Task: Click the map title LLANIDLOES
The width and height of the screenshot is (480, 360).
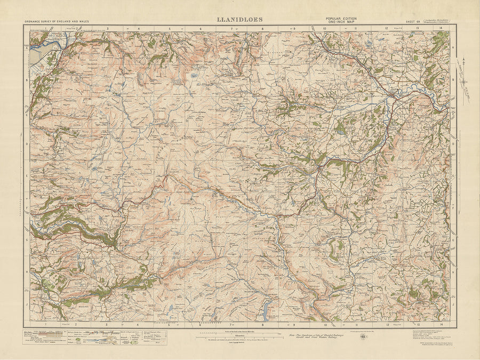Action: (x=239, y=20)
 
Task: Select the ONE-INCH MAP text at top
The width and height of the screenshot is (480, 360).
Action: (x=341, y=22)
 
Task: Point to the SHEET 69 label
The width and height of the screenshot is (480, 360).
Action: (x=413, y=22)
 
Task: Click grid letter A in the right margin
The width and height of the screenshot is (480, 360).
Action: (x=453, y=47)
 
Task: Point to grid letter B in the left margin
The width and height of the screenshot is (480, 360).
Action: (x=26, y=80)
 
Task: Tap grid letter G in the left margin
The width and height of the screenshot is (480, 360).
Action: (x=26, y=240)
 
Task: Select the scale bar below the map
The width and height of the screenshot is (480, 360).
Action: (x=240, y=334)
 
